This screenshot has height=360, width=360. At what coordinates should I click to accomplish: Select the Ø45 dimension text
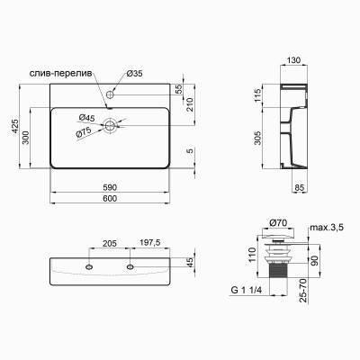tap(87, 118)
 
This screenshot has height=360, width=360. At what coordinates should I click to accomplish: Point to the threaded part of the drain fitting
tap(277, 269)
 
